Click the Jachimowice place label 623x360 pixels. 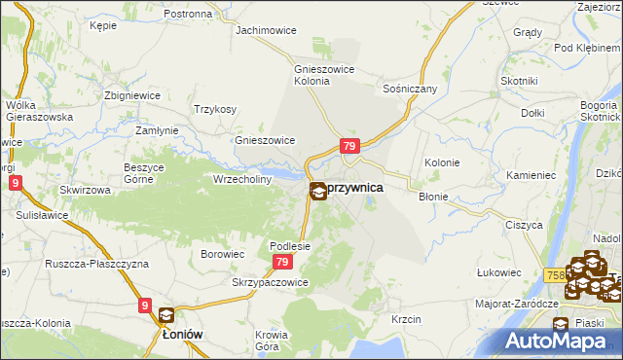[266, 30]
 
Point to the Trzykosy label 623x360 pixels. [215, 109]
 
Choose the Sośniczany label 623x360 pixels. [410, 89]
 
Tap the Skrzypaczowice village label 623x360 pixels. [270, 282]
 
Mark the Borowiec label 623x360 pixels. [221, 253]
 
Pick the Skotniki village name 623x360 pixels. [518, 81]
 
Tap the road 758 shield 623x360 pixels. [556, 275]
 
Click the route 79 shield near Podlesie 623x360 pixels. [282, 263]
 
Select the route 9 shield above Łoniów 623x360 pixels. [145, 306]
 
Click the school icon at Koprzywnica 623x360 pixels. [318, 192]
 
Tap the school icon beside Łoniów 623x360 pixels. [166, 315]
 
